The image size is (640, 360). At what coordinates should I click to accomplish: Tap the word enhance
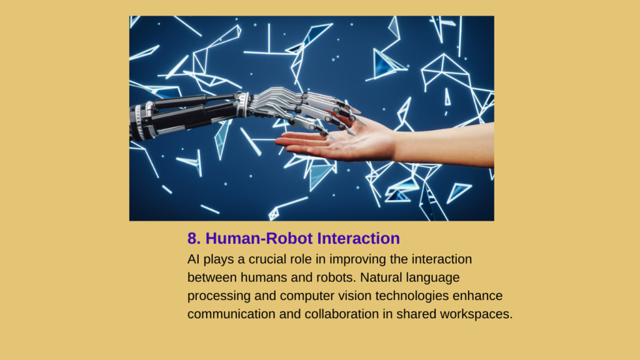(477, 296)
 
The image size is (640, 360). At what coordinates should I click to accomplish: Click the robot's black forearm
(184, 116)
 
